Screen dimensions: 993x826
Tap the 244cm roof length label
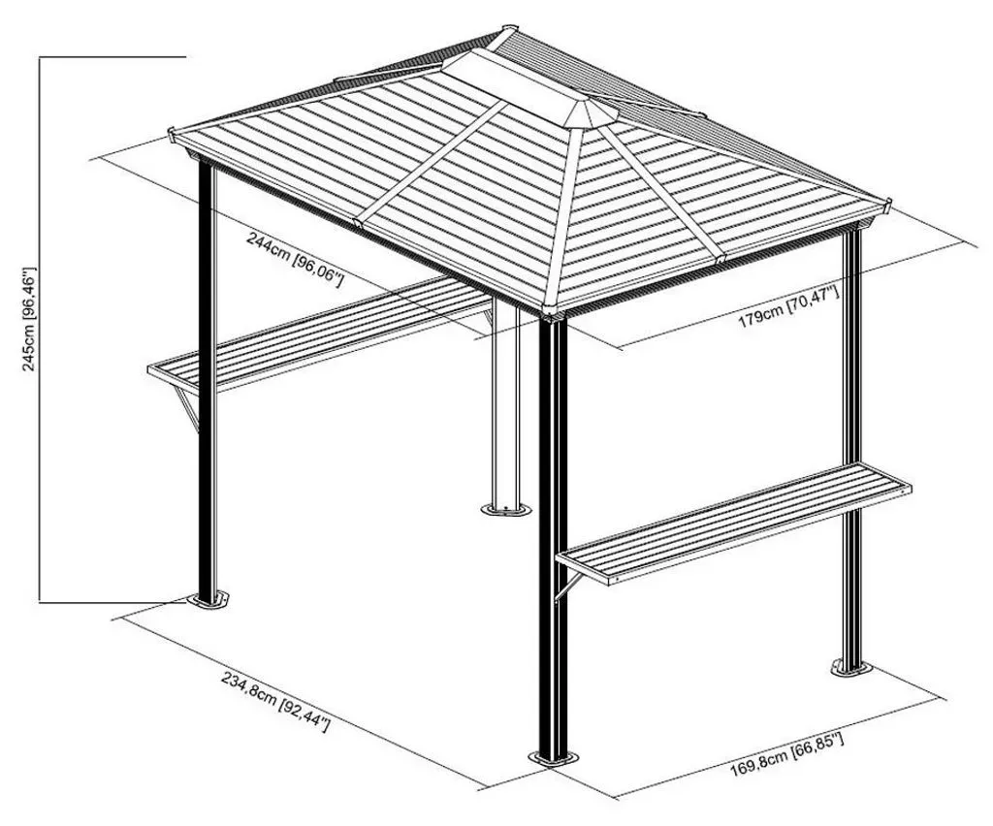point(295,260)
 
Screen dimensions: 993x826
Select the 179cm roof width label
point(789,307)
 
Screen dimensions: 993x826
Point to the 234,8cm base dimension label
point(275,701)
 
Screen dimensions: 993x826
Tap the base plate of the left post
point(208,600)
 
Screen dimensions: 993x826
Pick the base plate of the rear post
point(504,509)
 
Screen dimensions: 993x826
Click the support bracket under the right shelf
point(567,584)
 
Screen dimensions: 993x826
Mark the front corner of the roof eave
point(552,310)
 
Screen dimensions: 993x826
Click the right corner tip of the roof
point(887,204)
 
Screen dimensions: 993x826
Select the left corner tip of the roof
point(171,133)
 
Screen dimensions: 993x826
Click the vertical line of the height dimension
point(40,329)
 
